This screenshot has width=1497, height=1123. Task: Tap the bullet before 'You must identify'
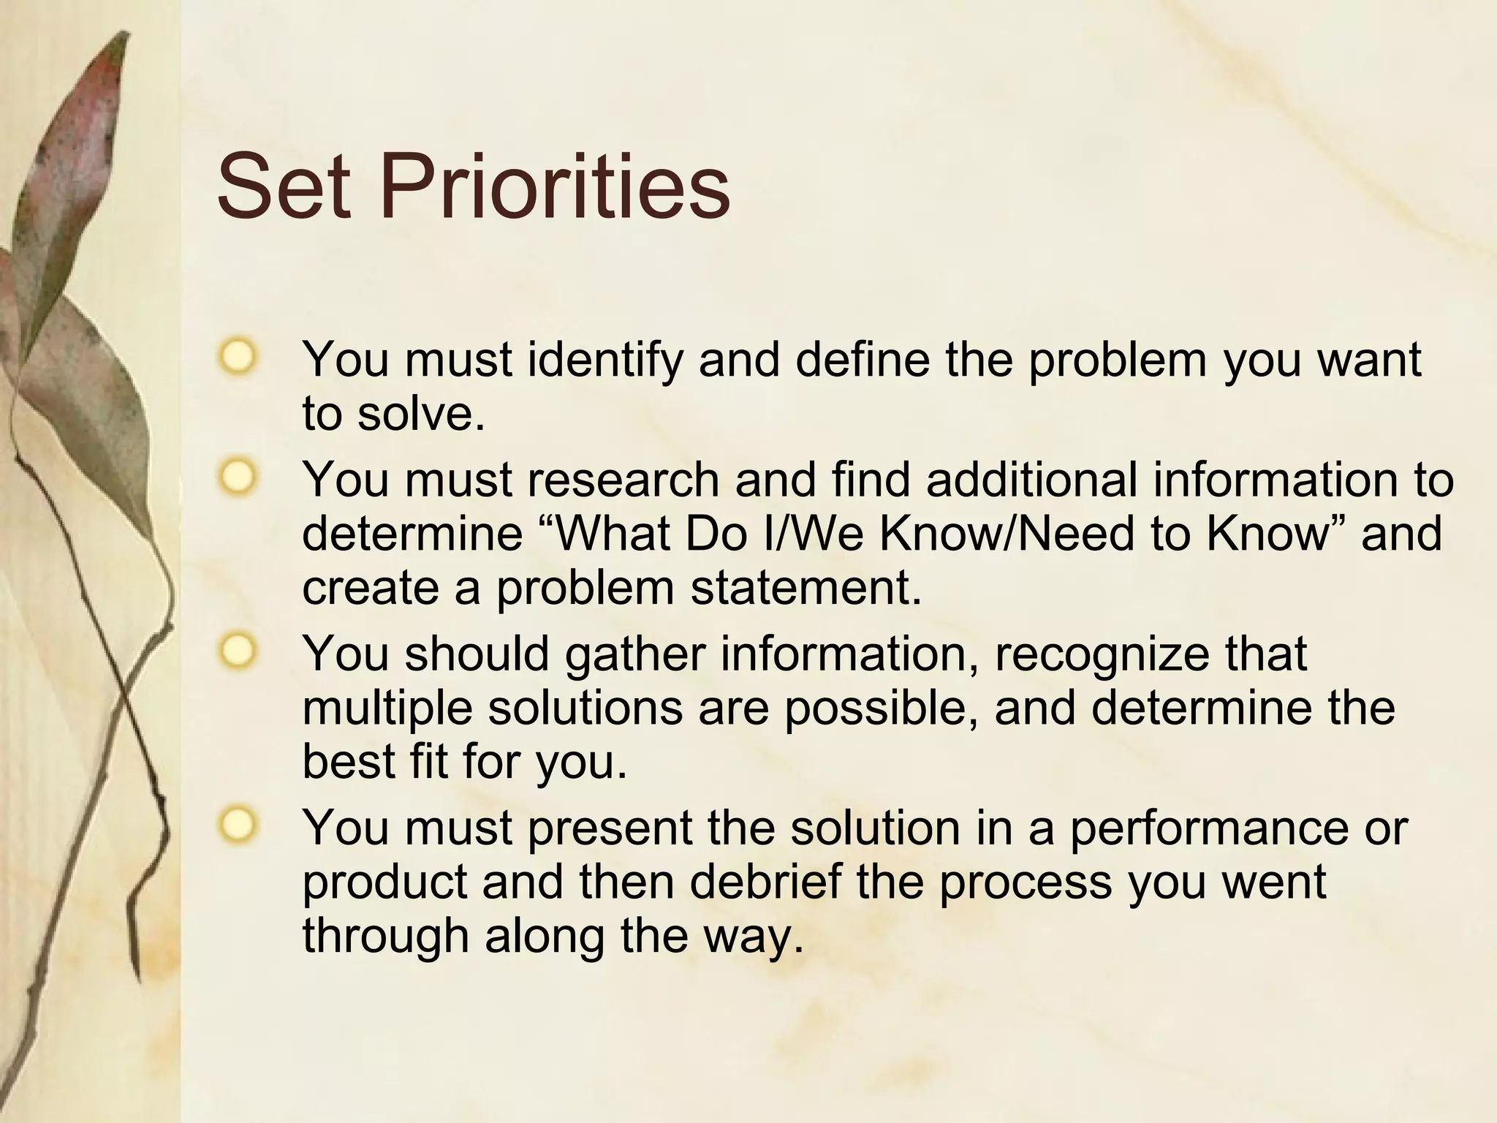coord(238,358)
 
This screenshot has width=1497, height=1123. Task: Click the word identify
coord(604,360)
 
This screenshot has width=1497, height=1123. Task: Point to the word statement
coord(806,589)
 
